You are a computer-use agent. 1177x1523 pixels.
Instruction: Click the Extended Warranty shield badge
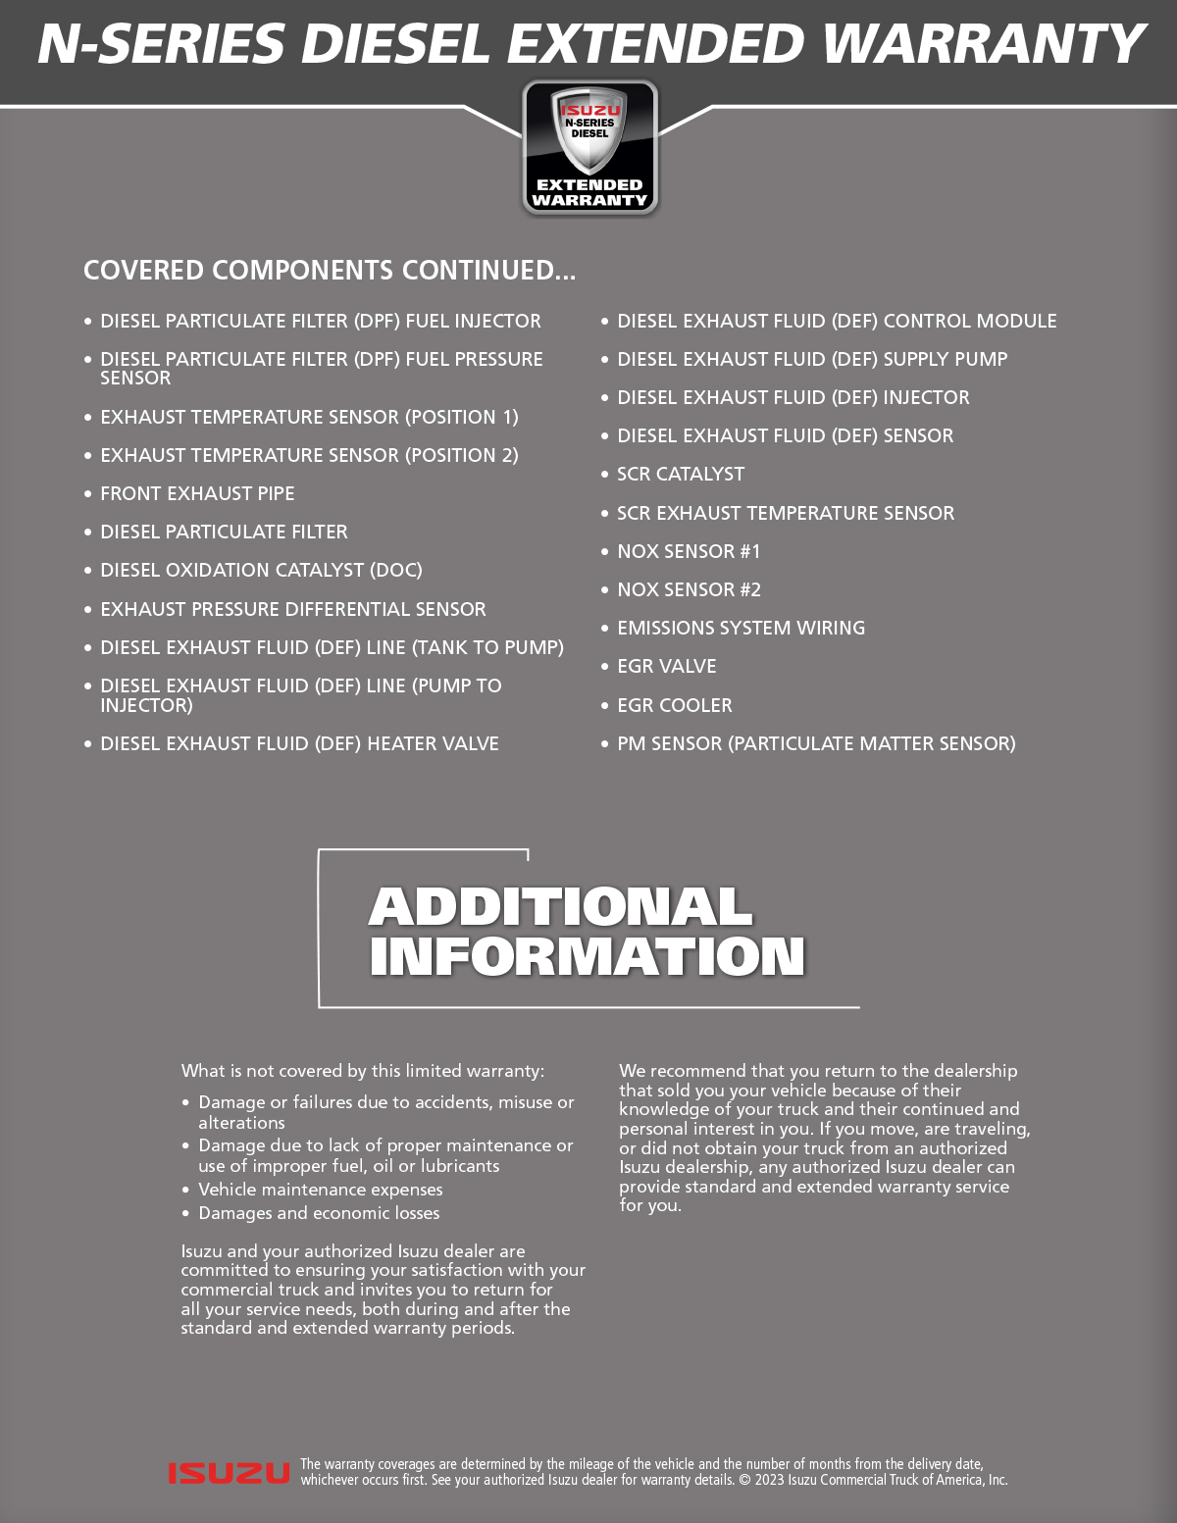pos(589,147)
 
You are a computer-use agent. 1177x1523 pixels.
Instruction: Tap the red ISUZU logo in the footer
pos(229,1472)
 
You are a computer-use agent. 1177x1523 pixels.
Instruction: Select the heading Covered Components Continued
pos(330,271)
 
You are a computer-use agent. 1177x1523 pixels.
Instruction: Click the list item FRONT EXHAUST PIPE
pos(197,494)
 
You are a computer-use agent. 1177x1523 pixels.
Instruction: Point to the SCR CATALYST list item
pos(681,475)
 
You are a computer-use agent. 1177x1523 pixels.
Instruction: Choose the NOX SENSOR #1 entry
pos(689,552)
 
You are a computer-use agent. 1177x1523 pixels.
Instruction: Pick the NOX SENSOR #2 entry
pos(689,590)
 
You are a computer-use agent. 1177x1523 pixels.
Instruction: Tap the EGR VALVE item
pos(667,667)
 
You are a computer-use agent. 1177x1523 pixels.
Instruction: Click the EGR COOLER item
pos(675,706)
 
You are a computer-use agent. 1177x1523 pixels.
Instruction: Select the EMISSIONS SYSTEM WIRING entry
pos(741,629)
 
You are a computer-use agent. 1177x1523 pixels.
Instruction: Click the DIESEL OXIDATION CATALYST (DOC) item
pos(261,571)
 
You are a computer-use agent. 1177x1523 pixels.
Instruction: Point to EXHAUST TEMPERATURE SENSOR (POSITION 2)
pos(309,456)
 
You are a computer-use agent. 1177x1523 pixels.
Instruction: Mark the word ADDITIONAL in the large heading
pos(560,907)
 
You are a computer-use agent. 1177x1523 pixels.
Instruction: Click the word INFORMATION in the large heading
pos(587,957)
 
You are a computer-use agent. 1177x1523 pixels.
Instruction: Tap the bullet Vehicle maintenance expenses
pos(321,1190)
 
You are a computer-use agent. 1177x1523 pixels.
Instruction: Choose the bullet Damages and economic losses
pos(319,1213)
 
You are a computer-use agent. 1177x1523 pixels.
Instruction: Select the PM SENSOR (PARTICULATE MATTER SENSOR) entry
pos(816,744)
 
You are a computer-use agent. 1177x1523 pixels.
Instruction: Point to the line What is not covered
pos(362,1071)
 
